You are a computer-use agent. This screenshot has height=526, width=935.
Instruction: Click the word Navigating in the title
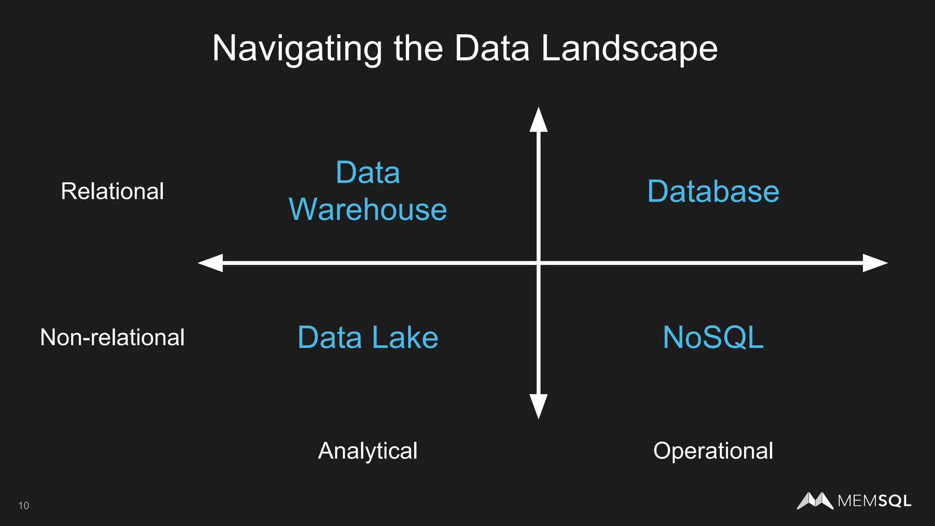(x=297, y=49)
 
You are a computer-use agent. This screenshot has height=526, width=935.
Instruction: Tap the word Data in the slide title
(x=492, y=48)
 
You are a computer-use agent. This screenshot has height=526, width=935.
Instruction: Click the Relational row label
(x=112, y=191)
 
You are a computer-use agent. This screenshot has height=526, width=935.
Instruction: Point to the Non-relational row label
(x=112, y=337)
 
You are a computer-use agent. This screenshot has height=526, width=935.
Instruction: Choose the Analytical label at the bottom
(x=368, y=451)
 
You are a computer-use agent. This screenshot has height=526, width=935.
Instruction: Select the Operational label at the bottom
(x=713, y=451)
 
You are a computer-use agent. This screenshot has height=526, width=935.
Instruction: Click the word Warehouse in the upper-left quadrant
(x=368, y=210)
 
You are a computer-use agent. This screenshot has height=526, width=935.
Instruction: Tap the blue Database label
(x=713, y=191)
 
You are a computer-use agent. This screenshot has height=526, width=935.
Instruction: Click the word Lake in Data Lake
(x=405, y=337)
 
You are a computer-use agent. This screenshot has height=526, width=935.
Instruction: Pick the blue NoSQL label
(x=713, y=337)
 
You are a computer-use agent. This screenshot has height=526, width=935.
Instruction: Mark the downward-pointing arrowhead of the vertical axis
(x=539, y=406)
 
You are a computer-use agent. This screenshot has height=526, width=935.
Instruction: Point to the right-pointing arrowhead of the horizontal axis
(x=875, y=263)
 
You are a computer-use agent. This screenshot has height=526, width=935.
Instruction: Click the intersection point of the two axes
(x=539, y=263)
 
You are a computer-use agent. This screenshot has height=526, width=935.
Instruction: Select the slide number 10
(x=24, y=505)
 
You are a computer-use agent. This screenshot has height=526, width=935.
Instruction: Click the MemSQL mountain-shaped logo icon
(x=815, y=501)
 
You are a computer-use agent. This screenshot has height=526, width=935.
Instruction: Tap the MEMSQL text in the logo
(x=874, y=501)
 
